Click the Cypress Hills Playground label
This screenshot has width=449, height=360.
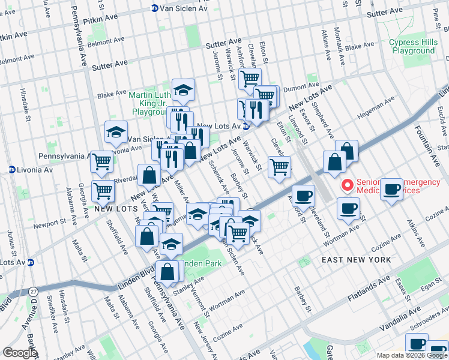[x=411, y=47]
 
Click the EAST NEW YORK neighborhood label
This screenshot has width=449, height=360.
[x=356, y=260]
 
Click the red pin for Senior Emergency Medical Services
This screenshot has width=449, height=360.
[x=346, y=185]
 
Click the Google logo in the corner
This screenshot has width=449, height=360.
[x=20, y=353]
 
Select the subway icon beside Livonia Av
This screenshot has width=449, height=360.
[x=12, y=170]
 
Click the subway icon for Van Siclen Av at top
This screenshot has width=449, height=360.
[x=154, y=9]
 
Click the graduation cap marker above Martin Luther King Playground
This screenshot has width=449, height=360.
[x=183, y=90]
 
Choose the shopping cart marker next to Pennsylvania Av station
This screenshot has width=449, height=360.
[x=102, y=160]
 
